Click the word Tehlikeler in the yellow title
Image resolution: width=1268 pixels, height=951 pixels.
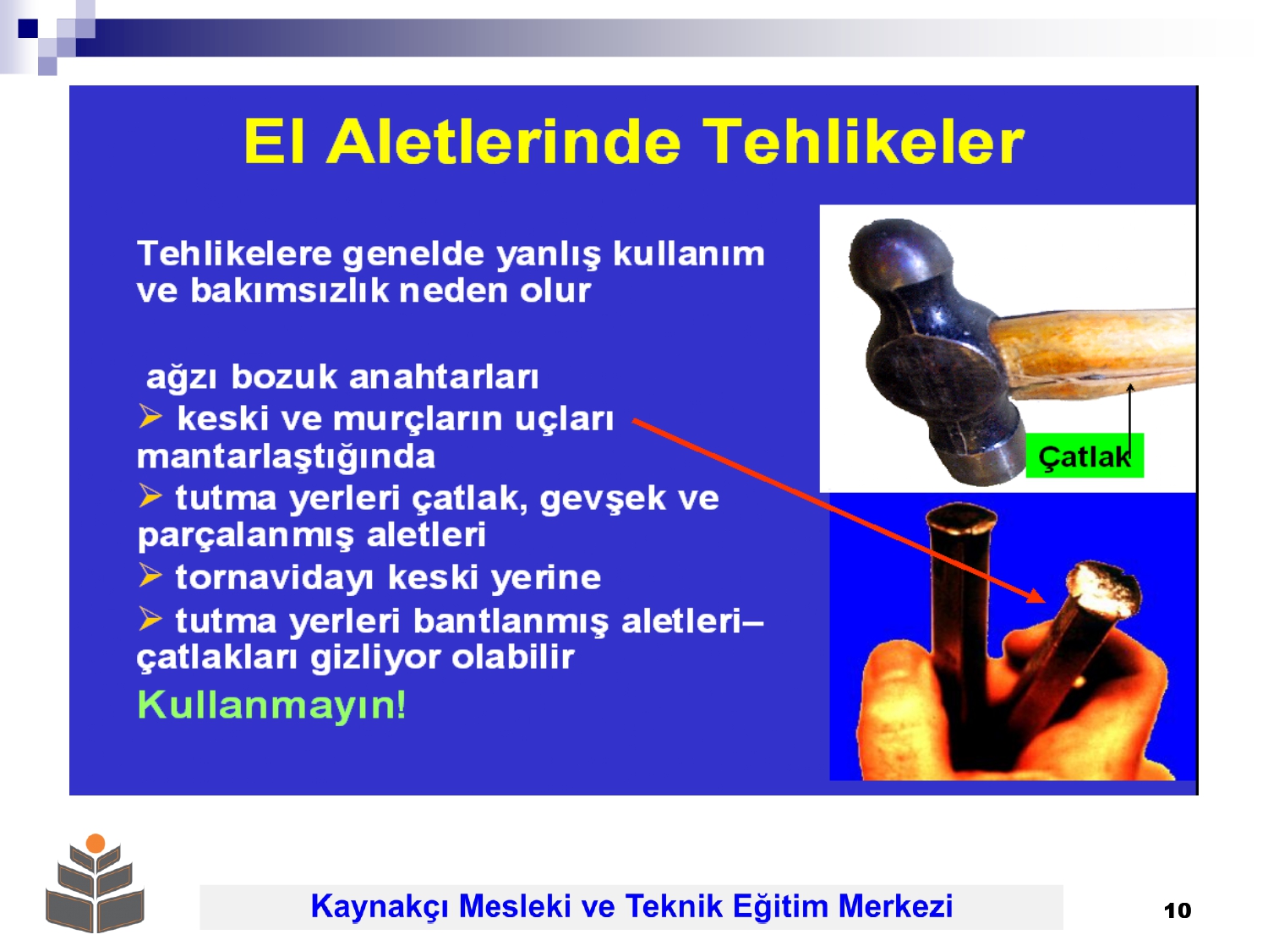862,142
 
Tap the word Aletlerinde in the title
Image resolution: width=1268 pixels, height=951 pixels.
503,142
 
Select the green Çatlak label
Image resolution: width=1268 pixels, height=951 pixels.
1084,456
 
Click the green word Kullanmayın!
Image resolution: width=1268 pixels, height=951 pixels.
271,706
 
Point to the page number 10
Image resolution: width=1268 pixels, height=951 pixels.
1178,910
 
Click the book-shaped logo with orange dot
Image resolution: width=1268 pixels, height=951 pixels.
95,883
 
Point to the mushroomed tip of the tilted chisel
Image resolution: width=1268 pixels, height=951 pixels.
1103,589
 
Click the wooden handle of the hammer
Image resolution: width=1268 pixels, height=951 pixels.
1092,353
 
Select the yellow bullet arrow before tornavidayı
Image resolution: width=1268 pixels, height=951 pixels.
150,575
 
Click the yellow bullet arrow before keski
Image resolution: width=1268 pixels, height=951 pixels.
150,416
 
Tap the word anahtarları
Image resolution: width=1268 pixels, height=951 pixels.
444,378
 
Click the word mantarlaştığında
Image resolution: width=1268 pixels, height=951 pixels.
286,457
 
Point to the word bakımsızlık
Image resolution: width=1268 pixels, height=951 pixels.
290,290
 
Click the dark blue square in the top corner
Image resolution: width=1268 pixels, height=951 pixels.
28,28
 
